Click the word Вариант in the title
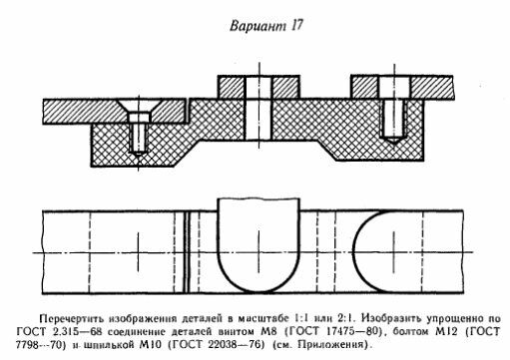click(257, 26)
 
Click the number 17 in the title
click(296, 25)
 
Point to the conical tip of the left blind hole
click(139, 153)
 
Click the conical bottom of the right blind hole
click(394, 140)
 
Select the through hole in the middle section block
click(258, 119)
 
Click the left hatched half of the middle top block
click(232, 87)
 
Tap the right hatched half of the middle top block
click(285, 87)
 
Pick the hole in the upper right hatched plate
click(394, 88)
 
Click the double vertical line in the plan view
click(188, 251)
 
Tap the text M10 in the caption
click(151, 345)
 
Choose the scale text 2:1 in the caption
click(346, 318)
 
